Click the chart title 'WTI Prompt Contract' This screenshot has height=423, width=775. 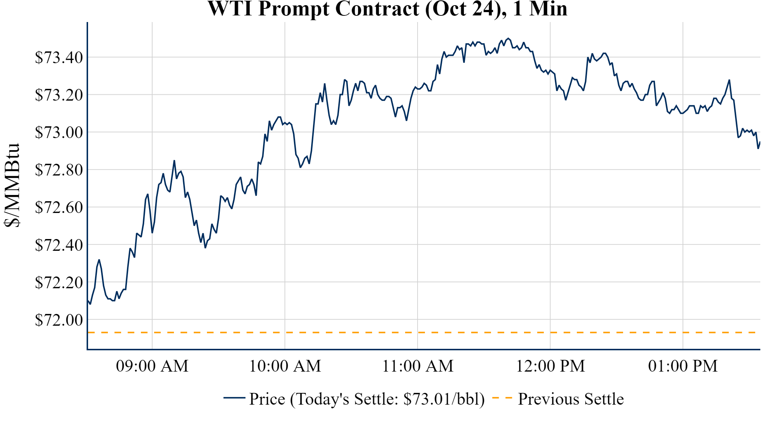(x=387, y=9)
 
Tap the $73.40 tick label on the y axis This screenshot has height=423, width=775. (x=59, y=57)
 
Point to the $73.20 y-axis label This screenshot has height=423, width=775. (x=59, y=95)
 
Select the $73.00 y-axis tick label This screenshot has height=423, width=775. (x=59, y=132)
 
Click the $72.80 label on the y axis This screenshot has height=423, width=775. (x=59, y=170)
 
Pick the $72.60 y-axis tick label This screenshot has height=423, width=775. (x=59, y=207)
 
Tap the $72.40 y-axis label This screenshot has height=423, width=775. (x=59, y=245)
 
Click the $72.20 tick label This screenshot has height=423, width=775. (x=59, y=282)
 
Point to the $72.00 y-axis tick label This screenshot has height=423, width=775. (x=59, y=320)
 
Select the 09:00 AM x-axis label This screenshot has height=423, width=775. (x=152, y=366)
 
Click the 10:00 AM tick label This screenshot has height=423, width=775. (x=285, y=366)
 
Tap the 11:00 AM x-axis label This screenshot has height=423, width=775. (x=418, y=366)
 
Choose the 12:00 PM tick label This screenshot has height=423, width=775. (x=550, y=366)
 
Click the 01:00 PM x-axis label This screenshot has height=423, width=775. (x=683, y=366)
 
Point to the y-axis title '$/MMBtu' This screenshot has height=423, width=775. (x=12, y=185)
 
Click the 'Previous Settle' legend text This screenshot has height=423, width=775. (x=571, y=399)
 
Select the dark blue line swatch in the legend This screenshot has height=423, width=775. (x=234, y=398)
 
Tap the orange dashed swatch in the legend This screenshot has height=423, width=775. (x=502, y=398)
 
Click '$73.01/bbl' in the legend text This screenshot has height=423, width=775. (x=444, y=399)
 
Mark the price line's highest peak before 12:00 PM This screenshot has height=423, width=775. (x=508, y=38)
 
